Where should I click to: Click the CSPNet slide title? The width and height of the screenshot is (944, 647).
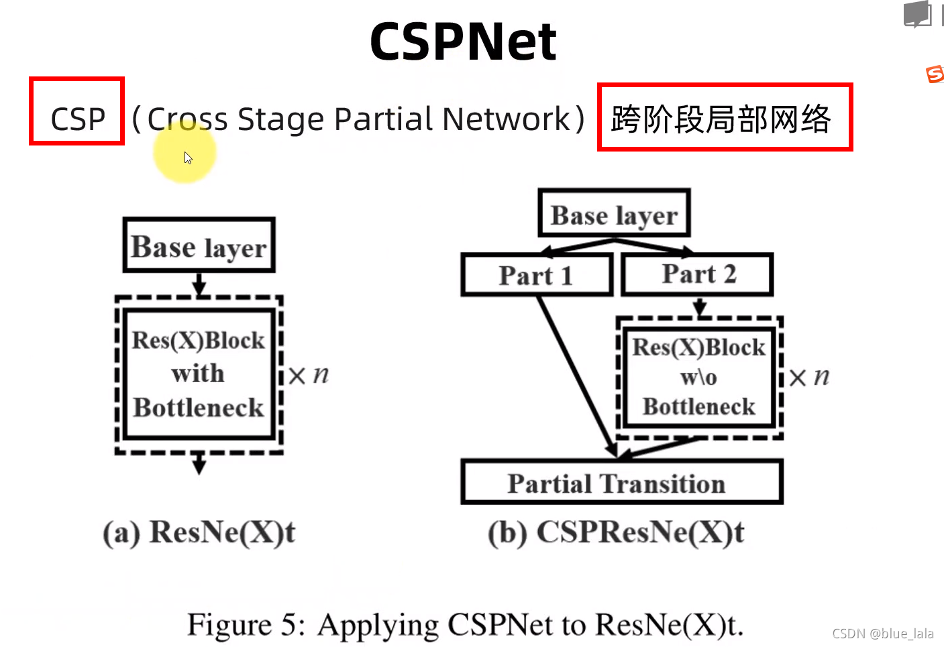click(x=463, y=42)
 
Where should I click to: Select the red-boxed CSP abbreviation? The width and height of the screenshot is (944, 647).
click(x=77, y=111)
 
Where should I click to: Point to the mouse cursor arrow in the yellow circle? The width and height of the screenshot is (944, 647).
click(x=188, y=158)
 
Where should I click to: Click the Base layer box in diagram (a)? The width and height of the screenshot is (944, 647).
click(x=199, y=245)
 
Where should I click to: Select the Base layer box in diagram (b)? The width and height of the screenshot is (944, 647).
click(x=614, y=214)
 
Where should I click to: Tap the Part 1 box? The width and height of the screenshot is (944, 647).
click(x=536, y=275)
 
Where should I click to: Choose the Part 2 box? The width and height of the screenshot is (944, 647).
click(x=698, y=274)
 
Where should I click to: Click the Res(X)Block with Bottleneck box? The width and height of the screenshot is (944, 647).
click(x=199, y=374)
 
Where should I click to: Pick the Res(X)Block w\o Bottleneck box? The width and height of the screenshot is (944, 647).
click(x=699, y=377)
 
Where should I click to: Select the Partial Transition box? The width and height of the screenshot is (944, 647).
click(x=621, y=483)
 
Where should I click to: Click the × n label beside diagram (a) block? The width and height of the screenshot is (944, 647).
click(x=309, y=375)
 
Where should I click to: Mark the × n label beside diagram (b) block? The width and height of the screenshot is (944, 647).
click(x=809, y=377)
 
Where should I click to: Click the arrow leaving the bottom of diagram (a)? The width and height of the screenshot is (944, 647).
click(x=199, y=463)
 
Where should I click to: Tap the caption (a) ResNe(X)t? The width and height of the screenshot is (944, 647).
click(x=199, y=533)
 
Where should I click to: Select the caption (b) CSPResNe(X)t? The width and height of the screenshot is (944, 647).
click(x=616, y=533)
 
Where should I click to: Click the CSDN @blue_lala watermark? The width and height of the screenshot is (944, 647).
click(x=882, y=634)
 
